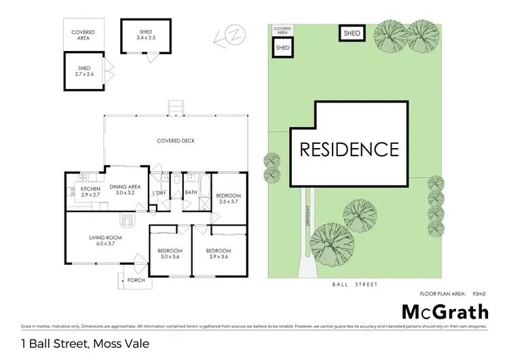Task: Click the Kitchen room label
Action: point(90,191)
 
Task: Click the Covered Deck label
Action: point(176,141)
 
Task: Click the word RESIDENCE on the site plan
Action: point(350,149)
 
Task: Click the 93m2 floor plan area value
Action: point(479,293)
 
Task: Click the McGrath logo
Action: point(445,312)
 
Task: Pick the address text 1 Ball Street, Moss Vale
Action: point(85,344)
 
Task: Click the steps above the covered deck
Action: point(176,107)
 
